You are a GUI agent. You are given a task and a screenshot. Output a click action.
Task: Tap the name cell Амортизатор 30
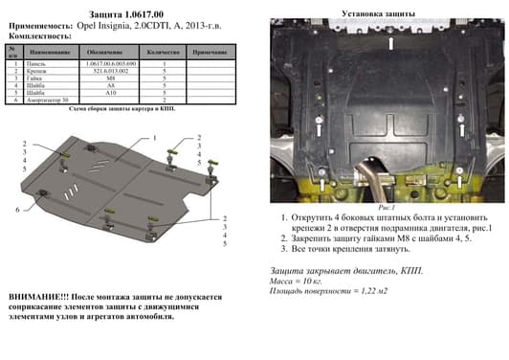(50, 100)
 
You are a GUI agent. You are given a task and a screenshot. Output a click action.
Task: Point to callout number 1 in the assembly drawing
(154, 138)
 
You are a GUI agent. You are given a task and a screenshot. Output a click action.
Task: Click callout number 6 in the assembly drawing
(17, 208)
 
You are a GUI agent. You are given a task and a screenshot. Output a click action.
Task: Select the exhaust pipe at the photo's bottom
(395, 188)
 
